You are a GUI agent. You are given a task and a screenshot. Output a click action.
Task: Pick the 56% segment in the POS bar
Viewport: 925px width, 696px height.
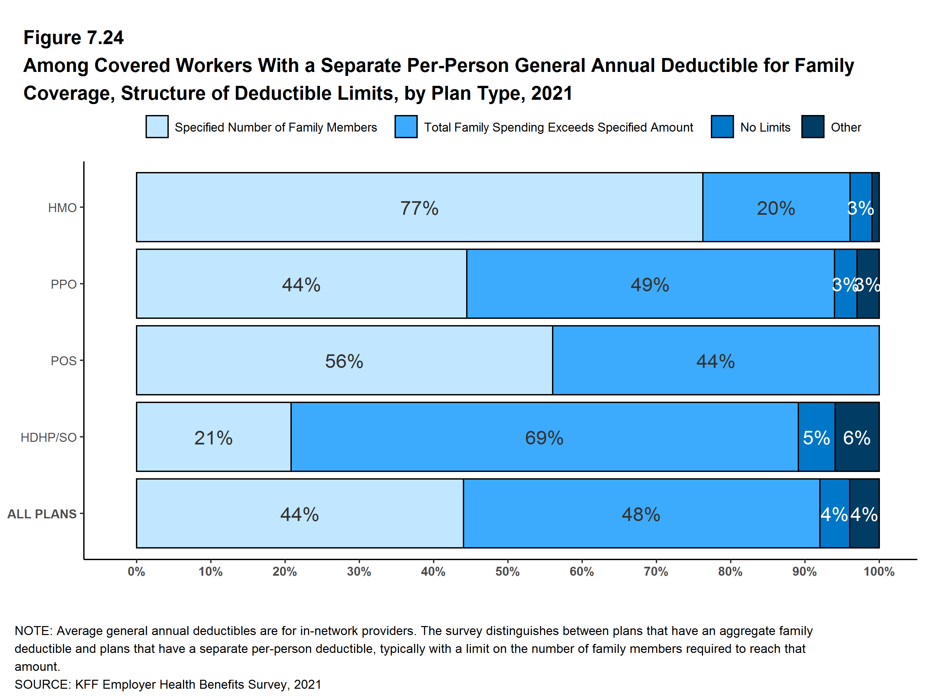[x=344, y=361]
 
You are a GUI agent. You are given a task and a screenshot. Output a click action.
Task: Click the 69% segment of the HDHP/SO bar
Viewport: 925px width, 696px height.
[x=544, y=437]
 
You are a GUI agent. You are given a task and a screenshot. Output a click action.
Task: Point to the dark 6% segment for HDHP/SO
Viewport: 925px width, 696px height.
[x=857, y=437]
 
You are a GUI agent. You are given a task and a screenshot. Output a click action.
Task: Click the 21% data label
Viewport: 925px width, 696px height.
[x=213, y=438]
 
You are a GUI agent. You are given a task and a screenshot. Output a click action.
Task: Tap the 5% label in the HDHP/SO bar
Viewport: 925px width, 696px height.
[x=816, y=438]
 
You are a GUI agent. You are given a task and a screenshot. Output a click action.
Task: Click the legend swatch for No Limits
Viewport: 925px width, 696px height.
[x=722, y=127]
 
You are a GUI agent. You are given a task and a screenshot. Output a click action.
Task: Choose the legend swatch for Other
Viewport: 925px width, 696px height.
[x=813, y=127]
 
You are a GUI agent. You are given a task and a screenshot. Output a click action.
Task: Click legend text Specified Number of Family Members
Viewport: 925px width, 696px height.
[x=276, y=127]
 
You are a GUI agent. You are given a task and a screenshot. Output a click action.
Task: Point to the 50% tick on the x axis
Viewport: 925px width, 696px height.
[x=507, y=571]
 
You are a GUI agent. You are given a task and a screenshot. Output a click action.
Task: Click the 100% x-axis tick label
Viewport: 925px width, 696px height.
[x=879, y=571]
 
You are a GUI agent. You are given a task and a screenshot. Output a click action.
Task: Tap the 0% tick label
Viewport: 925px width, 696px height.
[x=136, y=571]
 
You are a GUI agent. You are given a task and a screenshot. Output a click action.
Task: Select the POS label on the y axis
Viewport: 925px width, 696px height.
[x=64, y=361]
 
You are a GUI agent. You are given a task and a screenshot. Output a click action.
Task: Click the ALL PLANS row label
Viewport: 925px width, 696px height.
[x=42, y=514]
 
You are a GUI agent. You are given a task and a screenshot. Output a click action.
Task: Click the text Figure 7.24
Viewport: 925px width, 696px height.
[x=73, y=38]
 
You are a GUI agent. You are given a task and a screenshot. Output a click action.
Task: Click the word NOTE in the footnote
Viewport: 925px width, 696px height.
[x=32, y=631]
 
